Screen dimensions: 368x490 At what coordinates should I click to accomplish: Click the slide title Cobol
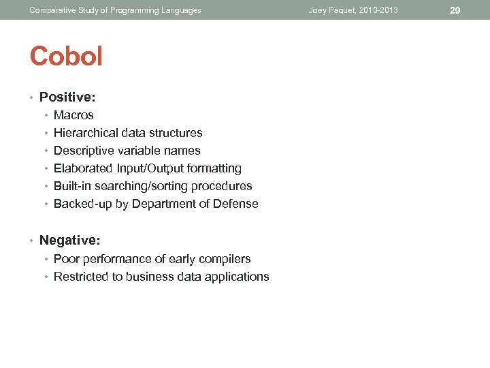pos(66,57)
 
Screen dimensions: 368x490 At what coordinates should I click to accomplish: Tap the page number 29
pos(455,10)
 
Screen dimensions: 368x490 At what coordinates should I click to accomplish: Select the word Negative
pos(69,240)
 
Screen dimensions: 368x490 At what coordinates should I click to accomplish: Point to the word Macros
pos(73,115)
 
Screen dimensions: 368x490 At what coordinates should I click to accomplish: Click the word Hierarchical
pos(85,133)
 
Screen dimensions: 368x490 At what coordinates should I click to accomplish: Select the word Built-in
pos(72,186)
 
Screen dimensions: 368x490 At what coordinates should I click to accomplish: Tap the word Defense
pos(236,204)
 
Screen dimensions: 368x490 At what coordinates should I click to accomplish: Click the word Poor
pos(66,259)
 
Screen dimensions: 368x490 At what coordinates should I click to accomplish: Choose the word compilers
pos(225,259)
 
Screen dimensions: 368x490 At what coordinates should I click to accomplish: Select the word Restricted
pos(80,277)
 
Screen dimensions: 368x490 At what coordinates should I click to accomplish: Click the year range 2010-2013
pos(378,10)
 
